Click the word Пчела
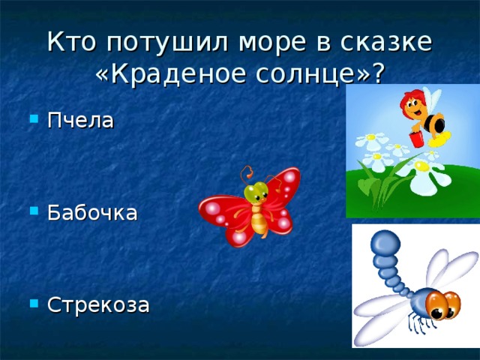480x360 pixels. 80,120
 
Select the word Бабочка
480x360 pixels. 91,212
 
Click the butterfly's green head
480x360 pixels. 256,193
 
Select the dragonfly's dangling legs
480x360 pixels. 418,325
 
